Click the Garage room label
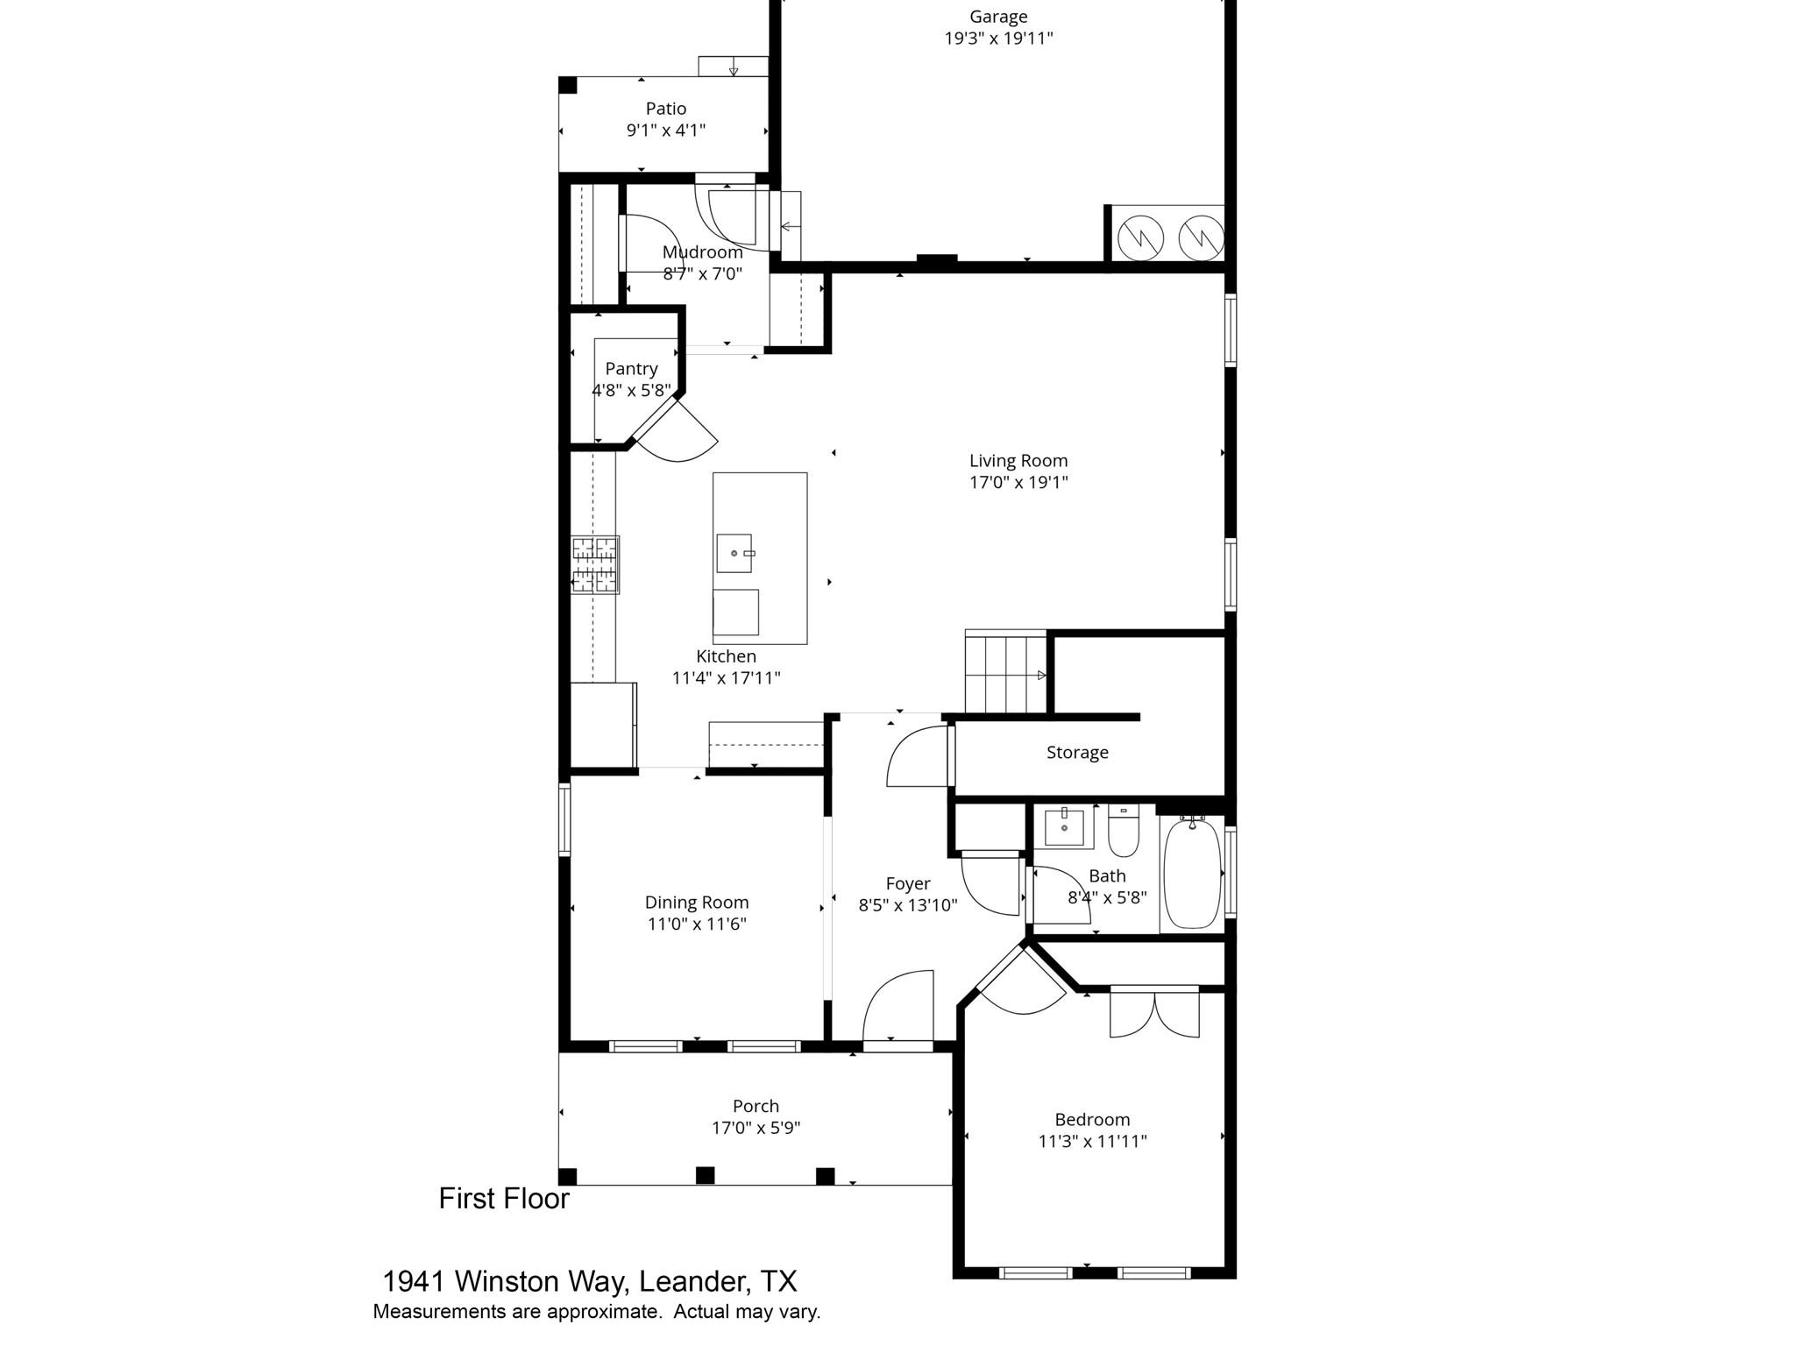pos(997,17)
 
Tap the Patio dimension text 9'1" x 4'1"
pos(665,131)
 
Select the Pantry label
pos(631,368)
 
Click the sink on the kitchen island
pos(734,553)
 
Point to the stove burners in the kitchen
pos(595,564)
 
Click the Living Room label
pos(1018,460)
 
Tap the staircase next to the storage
pos(1006,673)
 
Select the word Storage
pos(1076,752)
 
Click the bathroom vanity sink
pos(1064,827)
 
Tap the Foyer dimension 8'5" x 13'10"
pos(907,905)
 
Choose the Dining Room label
pos(697,902)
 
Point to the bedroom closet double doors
pos(1153,1012)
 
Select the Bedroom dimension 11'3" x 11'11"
pos(1092,1141)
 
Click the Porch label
pos(756,1106)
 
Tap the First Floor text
pos(504,1198)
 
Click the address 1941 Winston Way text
pos(589,1281)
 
